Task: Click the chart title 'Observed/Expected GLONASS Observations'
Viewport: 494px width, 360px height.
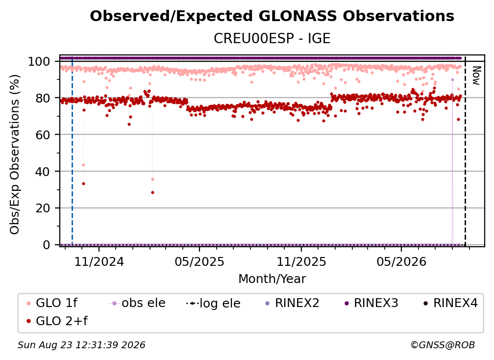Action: [272, 16]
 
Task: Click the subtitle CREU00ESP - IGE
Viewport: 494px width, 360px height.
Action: [272, 38]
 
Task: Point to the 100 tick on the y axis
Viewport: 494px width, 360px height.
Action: [39, 61]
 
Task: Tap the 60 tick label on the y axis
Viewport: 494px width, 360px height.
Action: [43, 134]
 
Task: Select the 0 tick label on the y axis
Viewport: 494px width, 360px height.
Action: [47, 245]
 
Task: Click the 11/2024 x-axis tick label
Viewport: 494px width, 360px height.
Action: [99, 261]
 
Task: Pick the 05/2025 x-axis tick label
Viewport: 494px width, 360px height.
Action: [199, 261]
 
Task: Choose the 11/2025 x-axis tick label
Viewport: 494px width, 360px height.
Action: [301, 261]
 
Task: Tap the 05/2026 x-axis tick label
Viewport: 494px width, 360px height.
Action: [401, 261]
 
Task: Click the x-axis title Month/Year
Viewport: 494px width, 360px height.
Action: [272, 279]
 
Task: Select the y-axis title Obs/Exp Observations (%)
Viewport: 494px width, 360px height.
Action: [15, 154]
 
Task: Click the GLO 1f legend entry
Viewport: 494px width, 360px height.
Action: [52, 303]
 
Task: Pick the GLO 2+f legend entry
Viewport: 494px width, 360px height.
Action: [57, 321]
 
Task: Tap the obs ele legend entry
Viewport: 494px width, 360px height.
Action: [137, 303]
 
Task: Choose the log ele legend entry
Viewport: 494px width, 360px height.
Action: [213, 303]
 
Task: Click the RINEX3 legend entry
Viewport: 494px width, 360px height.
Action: [371, 303]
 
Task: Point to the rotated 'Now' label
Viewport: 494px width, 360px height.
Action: [476, 76]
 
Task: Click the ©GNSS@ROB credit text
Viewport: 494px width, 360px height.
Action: [443, 345]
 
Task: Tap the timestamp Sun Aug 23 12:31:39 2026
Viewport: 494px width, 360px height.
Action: [81, 345]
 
